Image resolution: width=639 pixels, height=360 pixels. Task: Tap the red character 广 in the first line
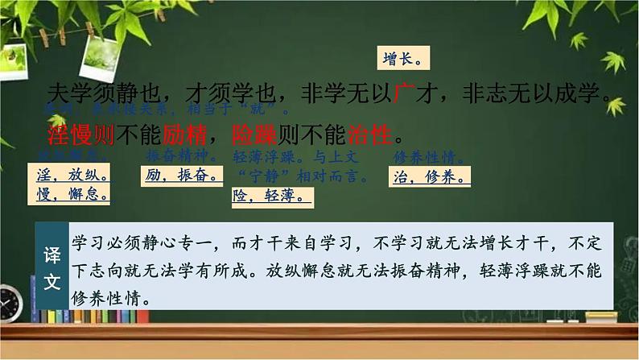pyautogui.click(x=406, y=93)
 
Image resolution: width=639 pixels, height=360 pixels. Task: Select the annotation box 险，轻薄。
pyautogui.click(x=272, y=196)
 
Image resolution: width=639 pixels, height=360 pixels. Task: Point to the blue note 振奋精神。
pyautogui.click(x=179, y=155)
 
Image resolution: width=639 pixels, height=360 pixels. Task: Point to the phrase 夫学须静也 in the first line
pyautogui.click(x=101, y=93)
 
